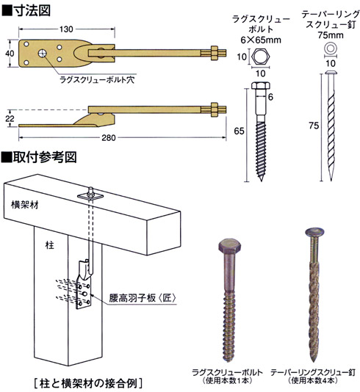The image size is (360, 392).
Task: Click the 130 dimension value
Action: [x=66, y=29]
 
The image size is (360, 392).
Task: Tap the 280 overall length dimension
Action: [x=109, y=138]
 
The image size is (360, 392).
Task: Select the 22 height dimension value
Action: [x=10, y=118]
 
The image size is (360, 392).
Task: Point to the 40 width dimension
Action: [x=10, y=54]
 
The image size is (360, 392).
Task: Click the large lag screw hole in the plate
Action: [x=43, y=53]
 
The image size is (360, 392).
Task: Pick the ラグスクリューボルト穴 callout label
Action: [x=97, y=80]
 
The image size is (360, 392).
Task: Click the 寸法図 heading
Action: [x=32, y=10]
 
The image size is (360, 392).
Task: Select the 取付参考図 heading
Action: [x=45, y=157]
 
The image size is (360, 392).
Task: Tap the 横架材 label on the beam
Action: [x=25, y=205]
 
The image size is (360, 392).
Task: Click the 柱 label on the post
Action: [x=49, y=245]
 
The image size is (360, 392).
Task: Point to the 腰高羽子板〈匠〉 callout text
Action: [x=143, y=298]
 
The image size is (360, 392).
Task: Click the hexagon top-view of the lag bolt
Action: [x=260, y=57]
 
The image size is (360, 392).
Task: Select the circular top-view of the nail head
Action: [x=331, y=48]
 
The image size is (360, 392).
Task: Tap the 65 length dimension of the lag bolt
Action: [x=239, y=131]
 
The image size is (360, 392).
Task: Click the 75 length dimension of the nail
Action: [x=314, y=126]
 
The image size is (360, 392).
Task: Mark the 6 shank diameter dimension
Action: [x=270, y=97]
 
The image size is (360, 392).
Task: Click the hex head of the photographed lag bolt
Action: [x=230, y=246]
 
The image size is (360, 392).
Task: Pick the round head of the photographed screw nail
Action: [x=314, y=232]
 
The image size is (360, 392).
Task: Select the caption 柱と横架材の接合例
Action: [x=88, y=382]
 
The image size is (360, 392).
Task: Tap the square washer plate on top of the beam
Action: [x=91, y=196]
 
